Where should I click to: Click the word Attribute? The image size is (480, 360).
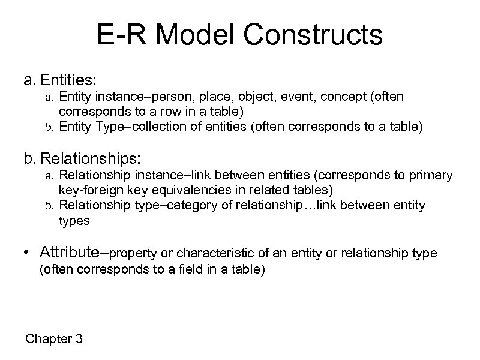point(83,253)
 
